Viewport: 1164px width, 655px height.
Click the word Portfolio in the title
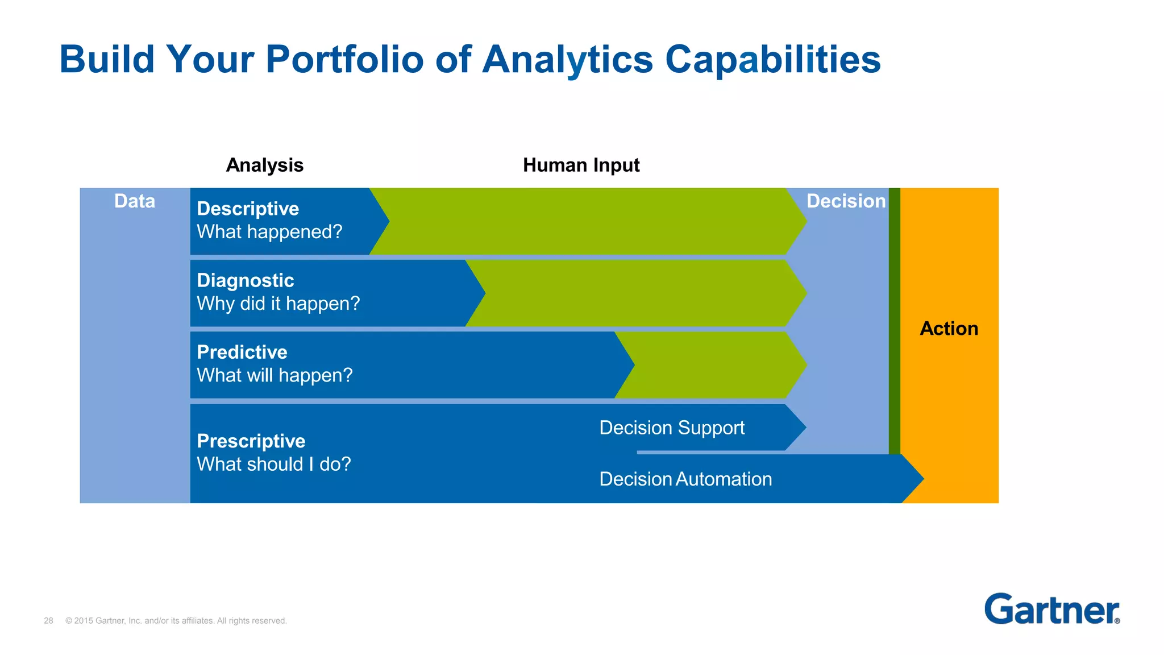pos(344,60)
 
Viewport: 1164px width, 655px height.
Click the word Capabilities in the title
pos(772,60)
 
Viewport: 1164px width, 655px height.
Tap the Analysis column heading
pos(264,165)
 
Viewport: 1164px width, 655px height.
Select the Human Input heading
pos(581,165)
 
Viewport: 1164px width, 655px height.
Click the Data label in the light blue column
pos(134,201)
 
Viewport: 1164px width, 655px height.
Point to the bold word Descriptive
pos(248,209)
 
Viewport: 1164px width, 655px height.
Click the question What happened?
pos(269,232)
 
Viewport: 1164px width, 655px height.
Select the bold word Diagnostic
pos(245,280)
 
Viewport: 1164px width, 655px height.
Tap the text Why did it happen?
pos(278,304)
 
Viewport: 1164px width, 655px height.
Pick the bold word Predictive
pos(242,352)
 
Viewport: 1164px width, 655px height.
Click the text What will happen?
pos(275,375)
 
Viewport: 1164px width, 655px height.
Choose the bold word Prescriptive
pos(251,441)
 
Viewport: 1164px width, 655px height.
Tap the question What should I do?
pos(273,465)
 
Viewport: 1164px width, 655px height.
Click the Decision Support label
pos(671,428)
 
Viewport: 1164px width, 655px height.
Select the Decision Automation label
pos(685,479)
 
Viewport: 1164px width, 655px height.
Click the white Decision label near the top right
pos(846,201)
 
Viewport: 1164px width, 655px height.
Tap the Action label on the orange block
pos(949,329)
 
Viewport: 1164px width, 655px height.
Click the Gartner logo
pos(1051,610)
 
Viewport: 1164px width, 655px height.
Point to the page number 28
pos(48,621)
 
